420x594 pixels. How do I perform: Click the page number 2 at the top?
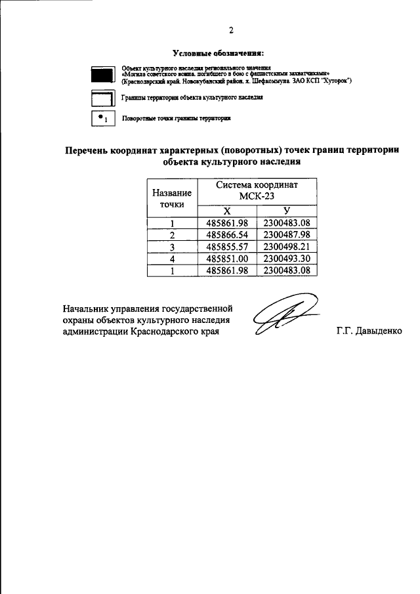pyautogui.click(x=231, y=30)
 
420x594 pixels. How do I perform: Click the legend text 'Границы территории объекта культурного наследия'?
pyautogui.click(x=192, y=97)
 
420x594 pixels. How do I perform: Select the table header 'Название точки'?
pyautogui.click(x=172, y=198)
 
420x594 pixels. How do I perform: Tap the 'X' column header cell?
pyautogui.click(x=227, y=211)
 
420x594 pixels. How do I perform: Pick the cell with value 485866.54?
pyautogui.click(x=226, y=235)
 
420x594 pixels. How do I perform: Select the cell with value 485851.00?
pyautogui.click(x=226, y=259)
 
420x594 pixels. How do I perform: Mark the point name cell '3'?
pyautogui.click(x=172, y=247)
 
